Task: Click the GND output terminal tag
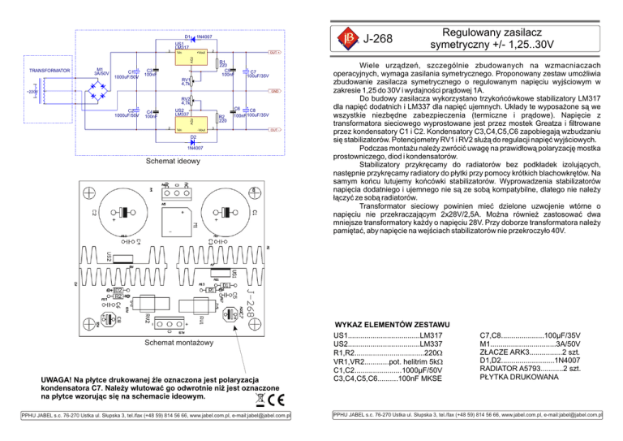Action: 275,90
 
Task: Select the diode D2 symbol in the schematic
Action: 193,141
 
